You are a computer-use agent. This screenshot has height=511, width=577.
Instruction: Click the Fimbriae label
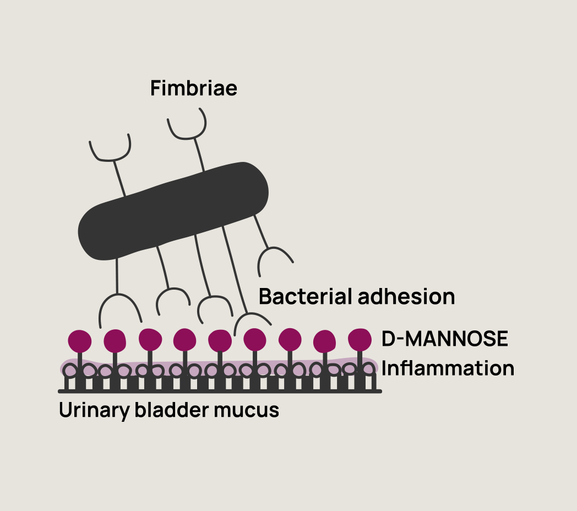pyautogui.click(x=194, y=88)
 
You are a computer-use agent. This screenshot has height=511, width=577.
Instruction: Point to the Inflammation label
pyautogui.click(x=448, y=368)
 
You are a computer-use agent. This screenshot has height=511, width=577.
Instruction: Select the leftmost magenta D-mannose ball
pyautogui.click(x=80, y=341)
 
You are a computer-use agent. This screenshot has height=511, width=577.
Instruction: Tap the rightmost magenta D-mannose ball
pyautogui.click(x=361, y=339)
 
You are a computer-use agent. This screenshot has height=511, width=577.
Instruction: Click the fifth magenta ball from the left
pyautogui.click(x=220, y=341)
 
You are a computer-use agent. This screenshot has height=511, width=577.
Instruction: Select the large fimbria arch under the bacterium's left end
pyautogui.click(x=119, y=307)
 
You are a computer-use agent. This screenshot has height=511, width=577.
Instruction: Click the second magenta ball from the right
pyautogui.click(x=325, y=341)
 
